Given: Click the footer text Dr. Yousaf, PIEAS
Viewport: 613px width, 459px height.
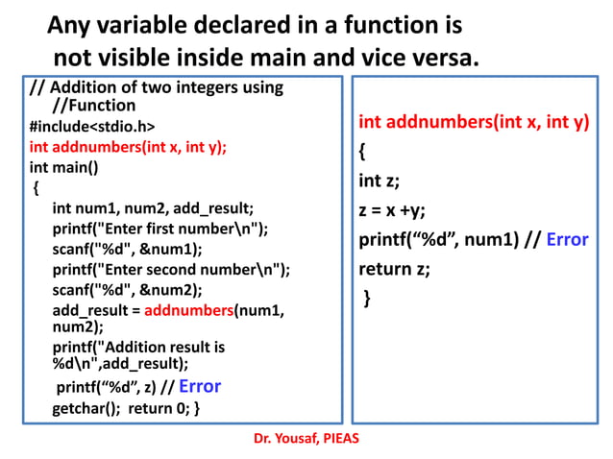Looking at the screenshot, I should click(306, 438).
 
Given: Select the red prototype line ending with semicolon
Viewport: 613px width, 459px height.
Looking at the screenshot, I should click(128, 147).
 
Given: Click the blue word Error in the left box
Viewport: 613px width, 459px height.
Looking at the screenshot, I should click(200, 387).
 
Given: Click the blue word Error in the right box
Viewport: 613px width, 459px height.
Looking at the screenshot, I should click(567, 240).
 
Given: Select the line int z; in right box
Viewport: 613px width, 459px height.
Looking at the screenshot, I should click(380, 181).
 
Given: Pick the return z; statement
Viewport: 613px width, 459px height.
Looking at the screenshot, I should click(394, 269).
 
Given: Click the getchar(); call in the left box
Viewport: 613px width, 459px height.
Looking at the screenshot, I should click(86, 408).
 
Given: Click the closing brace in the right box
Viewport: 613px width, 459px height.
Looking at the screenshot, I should click(366, 299).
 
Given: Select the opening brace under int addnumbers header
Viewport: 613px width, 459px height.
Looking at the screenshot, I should click(362, 153).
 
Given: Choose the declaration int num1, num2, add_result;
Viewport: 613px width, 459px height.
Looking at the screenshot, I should click(153, 207).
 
